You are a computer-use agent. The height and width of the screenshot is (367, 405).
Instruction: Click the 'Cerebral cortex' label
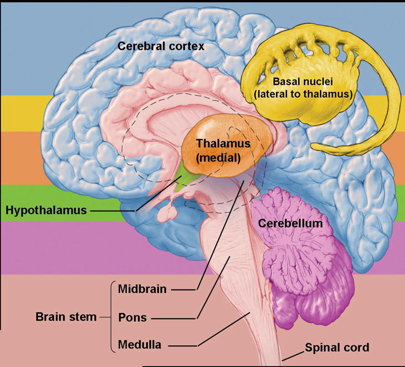click(x=160, y=46)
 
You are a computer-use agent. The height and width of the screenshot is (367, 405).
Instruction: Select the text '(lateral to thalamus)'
click(x=303, y=94)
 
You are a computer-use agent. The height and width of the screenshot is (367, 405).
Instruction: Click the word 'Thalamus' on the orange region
click(x=223, y=143)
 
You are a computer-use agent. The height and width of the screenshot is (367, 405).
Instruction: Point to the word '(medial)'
click(x=218, y=157)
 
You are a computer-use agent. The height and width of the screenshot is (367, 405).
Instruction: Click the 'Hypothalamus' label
click(x=46, y=211)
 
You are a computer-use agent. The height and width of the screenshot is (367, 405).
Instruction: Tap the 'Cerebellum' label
click(x=290, y=223)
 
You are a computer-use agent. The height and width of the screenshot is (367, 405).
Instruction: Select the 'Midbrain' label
click(x=142, y=289)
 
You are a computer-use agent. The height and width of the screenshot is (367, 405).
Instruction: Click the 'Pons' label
click(x=132, y=317)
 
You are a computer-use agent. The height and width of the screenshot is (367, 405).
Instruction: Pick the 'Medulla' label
click(x=140, y=345)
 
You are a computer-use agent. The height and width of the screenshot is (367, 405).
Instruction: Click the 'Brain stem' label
click(x=66, y=317)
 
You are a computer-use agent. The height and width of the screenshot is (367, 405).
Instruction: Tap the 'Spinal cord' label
click(x=337, y=347)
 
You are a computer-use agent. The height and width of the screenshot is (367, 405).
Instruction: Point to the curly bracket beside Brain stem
click(x=112, y=317)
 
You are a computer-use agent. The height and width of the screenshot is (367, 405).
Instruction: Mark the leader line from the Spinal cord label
click(x=293, y=356)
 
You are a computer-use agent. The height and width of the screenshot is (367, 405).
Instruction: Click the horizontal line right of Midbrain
click(x=183, y=290)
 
